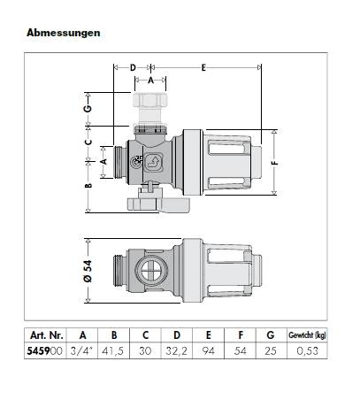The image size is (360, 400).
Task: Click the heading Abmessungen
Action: [64, 33]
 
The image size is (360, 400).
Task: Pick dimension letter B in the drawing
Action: [88, 187]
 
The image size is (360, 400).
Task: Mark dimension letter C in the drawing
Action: [88, 141]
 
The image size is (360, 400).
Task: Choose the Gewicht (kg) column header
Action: [307, 335]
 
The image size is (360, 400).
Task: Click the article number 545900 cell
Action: [44, 351]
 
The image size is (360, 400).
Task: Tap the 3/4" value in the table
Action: [82, 351]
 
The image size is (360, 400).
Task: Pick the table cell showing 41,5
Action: [114, 351]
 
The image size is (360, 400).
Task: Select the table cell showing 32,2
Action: [177, 351]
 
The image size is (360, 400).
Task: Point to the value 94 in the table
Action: [209, 351]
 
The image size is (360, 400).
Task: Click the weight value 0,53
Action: [307, 351]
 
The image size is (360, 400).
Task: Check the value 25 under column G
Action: [272, 351]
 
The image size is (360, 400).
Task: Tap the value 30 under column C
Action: [145, 351]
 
